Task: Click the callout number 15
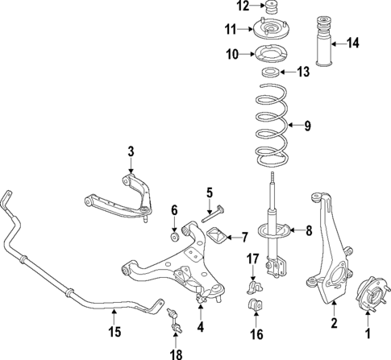click(x=114, y=330)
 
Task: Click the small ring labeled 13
click(x=271, y=73)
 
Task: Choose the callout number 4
click(x=201, y=327)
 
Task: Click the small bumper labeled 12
click(x=270, y=9)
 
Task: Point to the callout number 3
click(x=131, y=151)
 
